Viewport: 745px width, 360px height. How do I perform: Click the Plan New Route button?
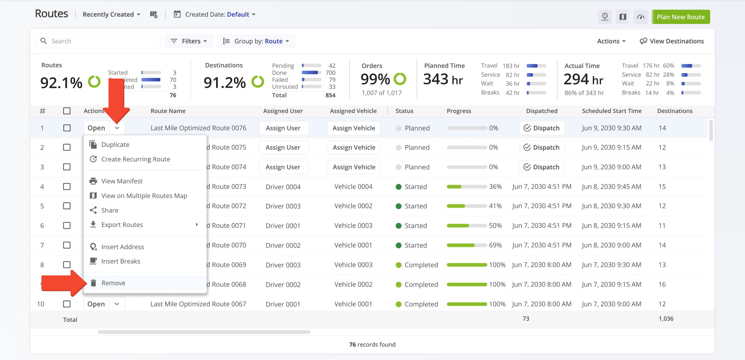[x=680, y=17]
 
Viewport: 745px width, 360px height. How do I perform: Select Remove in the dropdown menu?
[x=113, y=283]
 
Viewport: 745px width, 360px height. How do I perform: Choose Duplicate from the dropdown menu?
[x=115, y=144]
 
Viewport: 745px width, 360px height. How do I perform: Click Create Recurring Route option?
[x=135, y=159]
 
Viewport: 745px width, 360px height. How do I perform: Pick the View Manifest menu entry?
[x=121, y=181]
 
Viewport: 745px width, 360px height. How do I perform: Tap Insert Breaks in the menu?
[x=120, y=261]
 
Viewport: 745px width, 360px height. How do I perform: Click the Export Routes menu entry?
[x=122, y=225]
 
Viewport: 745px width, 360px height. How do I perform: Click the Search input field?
[x=102, y=41]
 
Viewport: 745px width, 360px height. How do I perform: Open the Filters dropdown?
[x=189, y=41]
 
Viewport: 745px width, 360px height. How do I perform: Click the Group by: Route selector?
[x=256, y=41]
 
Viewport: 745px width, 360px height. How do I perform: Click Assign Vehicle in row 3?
[x=354, y=167]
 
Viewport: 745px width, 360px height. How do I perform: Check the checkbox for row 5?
[x=67, y=206]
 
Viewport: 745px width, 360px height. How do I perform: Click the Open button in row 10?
[x=96, y=304]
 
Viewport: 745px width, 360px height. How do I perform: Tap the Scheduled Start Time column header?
[x=611, y=111]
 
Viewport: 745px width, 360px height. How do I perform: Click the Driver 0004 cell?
[x=283, y=187]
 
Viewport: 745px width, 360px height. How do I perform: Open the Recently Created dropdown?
[x=111, y=15]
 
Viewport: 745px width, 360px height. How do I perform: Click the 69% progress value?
[x=495, y=245]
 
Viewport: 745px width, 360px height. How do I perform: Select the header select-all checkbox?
[x=67, y=111]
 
